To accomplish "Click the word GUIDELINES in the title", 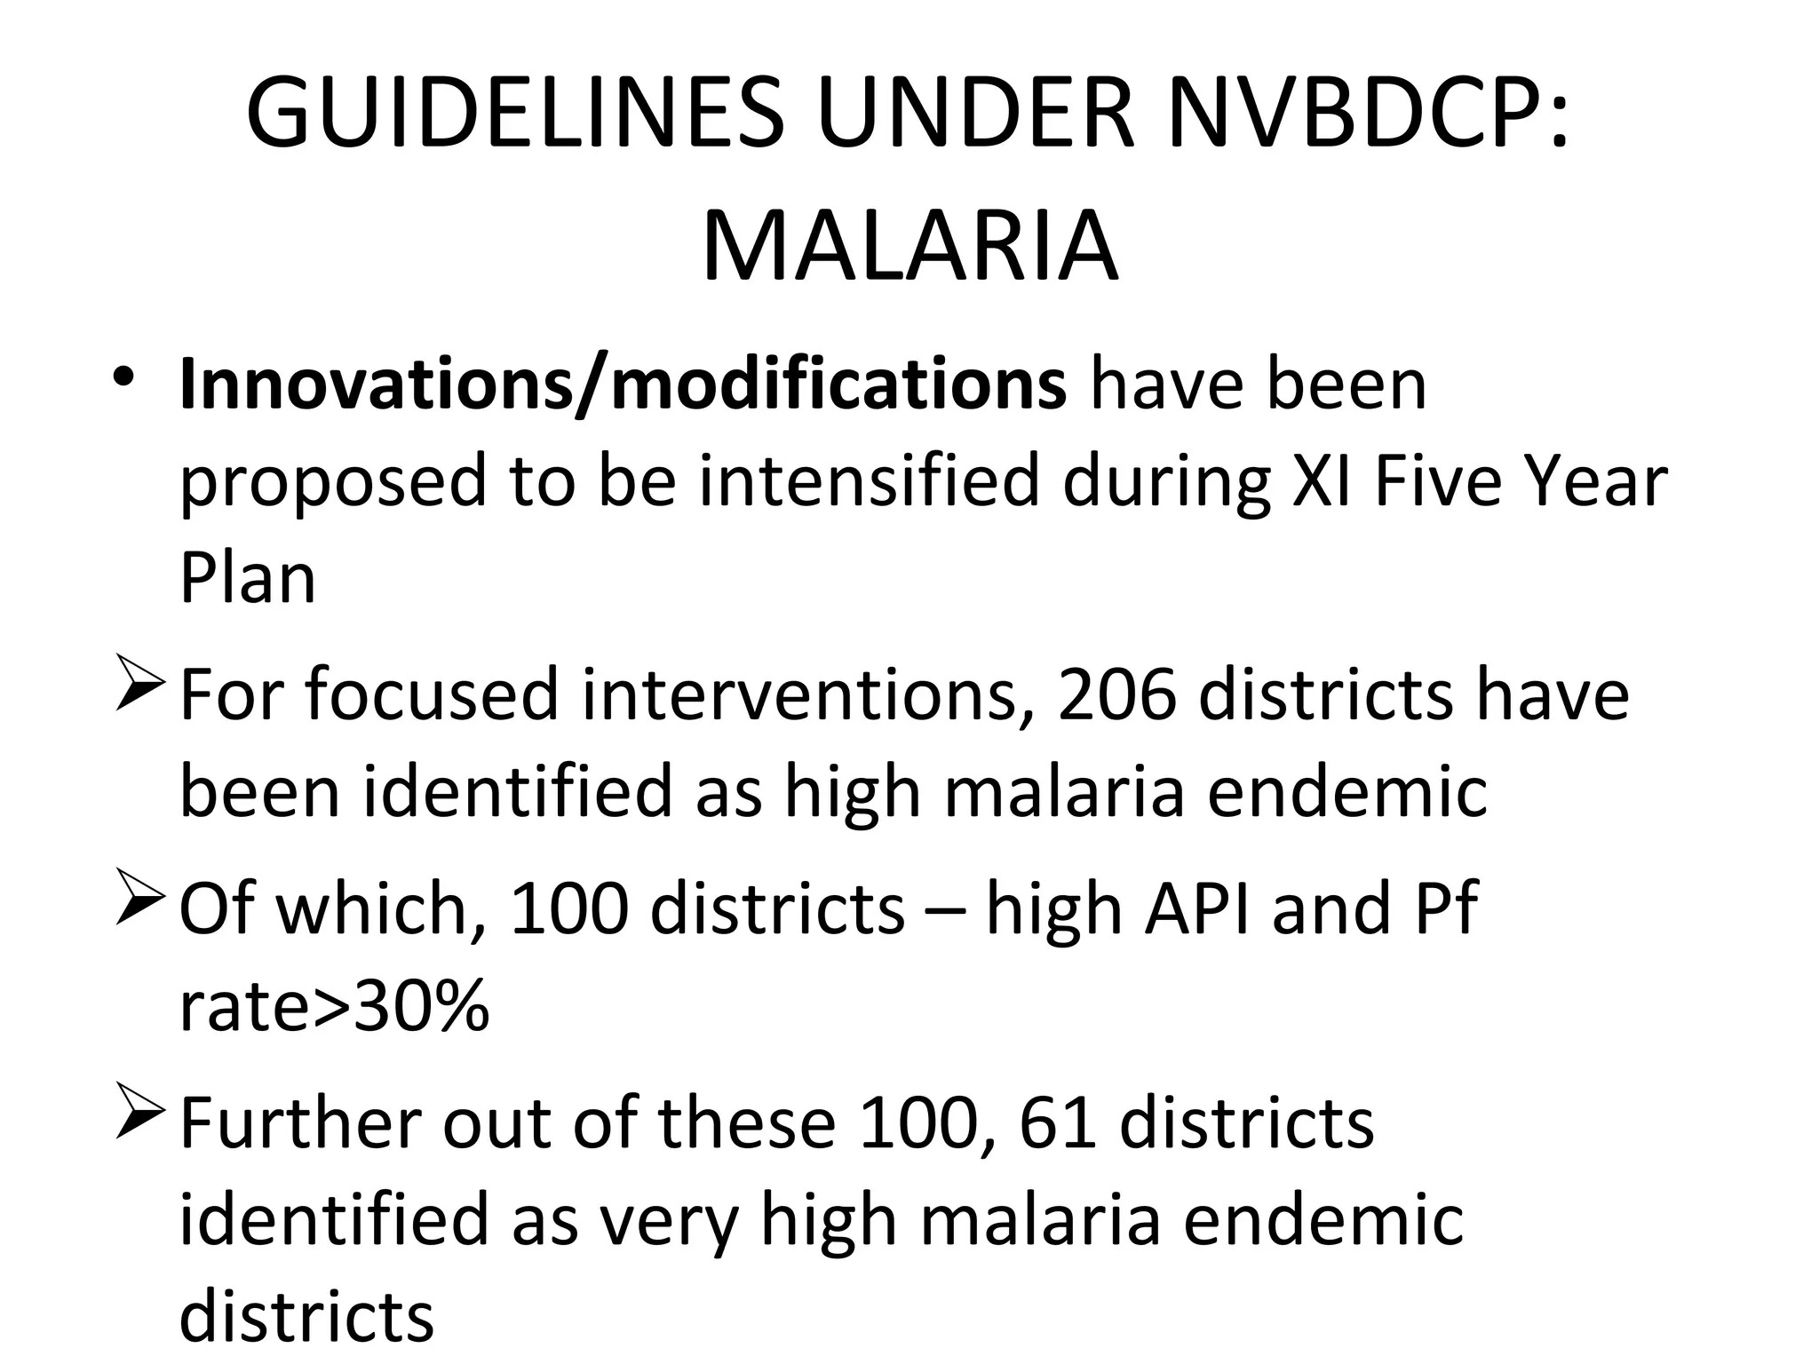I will click(515, 114).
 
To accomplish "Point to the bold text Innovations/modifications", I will click(622, 385).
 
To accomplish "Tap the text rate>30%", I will click(334, 1007).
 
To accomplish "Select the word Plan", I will click(248, 579).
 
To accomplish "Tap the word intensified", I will click(869, 481).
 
